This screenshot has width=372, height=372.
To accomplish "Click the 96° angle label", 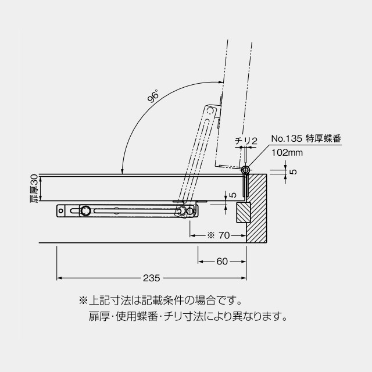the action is pos(152,95).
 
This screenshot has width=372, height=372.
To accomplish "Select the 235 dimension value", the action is pos(152,278).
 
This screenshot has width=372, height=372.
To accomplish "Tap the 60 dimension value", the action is pos(222,262).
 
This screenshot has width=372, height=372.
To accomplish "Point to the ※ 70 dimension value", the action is pos(219,235).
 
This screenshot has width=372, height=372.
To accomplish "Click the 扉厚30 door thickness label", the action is pos(34,188).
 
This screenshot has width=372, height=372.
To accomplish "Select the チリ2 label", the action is pos(246,141).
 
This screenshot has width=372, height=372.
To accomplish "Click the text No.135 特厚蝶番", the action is pos(306,138).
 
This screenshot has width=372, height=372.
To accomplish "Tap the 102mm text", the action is pos(287,152).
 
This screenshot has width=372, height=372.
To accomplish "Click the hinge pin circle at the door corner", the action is pos(245,170).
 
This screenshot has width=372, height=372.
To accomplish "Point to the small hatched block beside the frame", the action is pos(244,212).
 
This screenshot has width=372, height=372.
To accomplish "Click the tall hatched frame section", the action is pos(256,208).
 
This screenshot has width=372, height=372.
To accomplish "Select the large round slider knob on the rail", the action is pos(85,210).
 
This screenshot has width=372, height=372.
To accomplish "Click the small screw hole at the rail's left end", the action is pos(61,210).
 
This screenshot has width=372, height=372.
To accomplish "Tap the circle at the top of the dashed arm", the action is pos(210,110).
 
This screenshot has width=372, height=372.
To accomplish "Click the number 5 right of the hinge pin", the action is pos(294,172).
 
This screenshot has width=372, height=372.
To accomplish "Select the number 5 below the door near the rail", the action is pos(234,195).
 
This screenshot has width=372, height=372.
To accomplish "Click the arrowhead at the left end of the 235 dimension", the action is pos(59,278).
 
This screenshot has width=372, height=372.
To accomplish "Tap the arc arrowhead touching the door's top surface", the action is pos(122,171).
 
